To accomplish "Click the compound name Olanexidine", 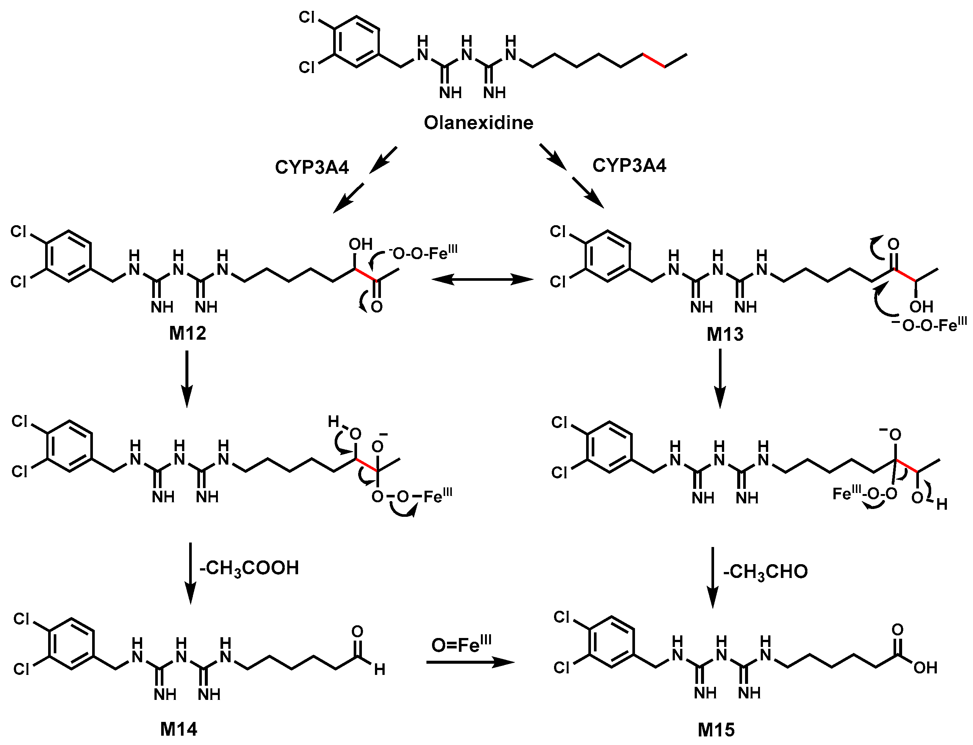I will click(x=478, y=123).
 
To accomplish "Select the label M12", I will click(x=187, y=333).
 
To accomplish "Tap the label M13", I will click(x=725, y=334).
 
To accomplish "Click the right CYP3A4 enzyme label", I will click(x=629, y=166).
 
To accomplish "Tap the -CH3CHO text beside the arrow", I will click(x=765, y=572).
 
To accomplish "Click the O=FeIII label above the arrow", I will click(x=462, y=645).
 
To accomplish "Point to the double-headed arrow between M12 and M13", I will click(x=483, y=279).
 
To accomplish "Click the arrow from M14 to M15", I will click(x=470, y=663).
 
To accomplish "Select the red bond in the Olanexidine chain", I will click(x=654, y=61).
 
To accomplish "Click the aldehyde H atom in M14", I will click(x=379, y=670).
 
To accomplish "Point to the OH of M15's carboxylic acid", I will click(x=925, y=668).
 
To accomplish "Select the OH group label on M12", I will click(x=360, y=244).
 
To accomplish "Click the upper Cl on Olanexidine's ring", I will click(x=307, y=17).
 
